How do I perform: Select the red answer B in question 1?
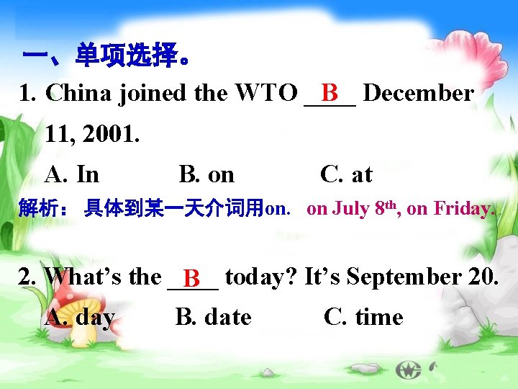330,92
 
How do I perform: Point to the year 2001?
108,133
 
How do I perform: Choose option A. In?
72,174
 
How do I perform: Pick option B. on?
206,174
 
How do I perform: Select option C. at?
346,174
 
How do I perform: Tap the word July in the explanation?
351,209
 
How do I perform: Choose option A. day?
80,317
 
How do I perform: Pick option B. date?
214,317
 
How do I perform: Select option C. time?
363,317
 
